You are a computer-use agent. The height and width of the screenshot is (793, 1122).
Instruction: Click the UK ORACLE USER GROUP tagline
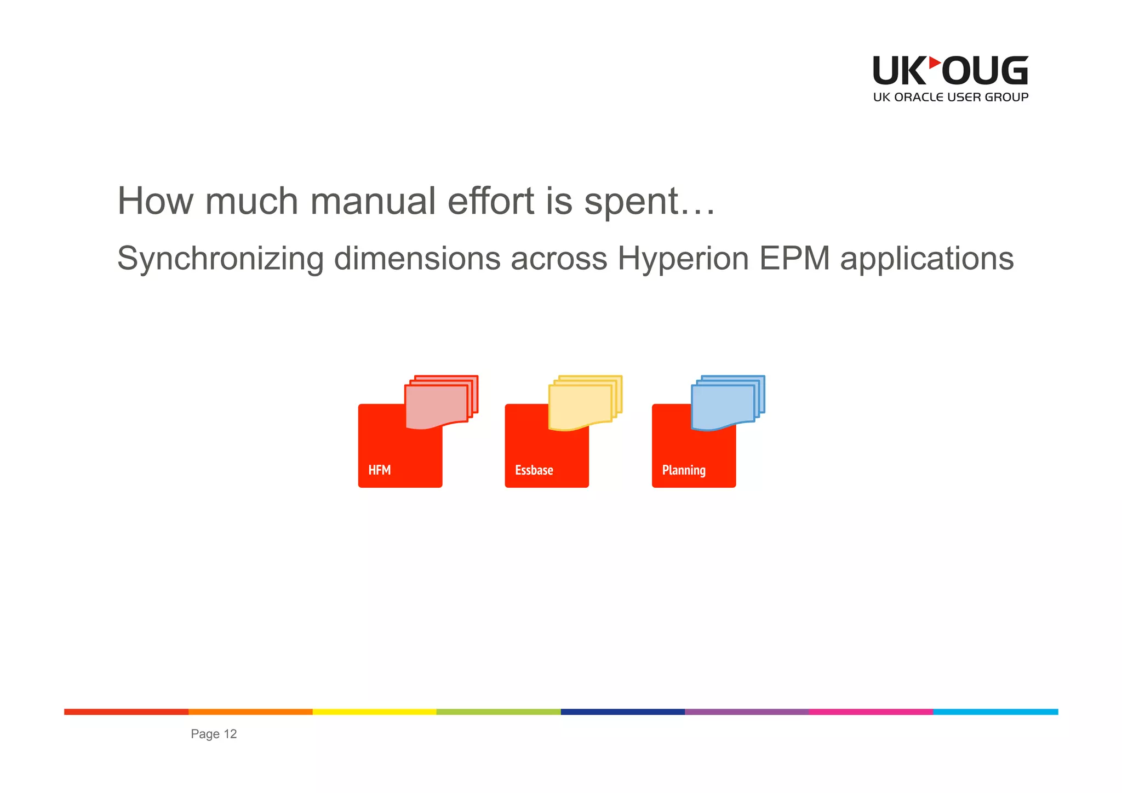pyautogui.click(x=951, y=98)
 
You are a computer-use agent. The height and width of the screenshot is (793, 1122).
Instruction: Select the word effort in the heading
pyautogui.click(x=491, y=201)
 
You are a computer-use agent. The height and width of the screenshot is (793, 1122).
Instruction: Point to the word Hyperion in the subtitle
pyautogui.click(x=683, y=259)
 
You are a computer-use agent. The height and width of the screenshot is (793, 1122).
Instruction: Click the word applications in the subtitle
pyautogui.click(x=926, y=259)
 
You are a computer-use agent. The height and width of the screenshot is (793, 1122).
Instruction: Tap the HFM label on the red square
pyautogui.click(x=379, y=470)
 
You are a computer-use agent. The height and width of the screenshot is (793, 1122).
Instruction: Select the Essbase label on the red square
pyautogui.click(x=534, y=470)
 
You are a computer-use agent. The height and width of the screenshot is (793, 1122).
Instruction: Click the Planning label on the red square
pyautogui.click(x=683, y=470)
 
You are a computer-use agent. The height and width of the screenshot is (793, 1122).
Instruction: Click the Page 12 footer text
pyautogui.click(x=214, y=734)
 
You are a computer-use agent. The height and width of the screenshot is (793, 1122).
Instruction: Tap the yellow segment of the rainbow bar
pyautogui.click(x=374, y=712)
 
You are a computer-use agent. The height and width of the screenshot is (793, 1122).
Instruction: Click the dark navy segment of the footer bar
pyautogui.click(x=622, y=712)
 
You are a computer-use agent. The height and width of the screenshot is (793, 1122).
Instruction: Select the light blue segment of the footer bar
pyautogui.click(x=995, y=712)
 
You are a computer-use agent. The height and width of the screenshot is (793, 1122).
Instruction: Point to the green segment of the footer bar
pyautogui.click(x=499, y=712)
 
